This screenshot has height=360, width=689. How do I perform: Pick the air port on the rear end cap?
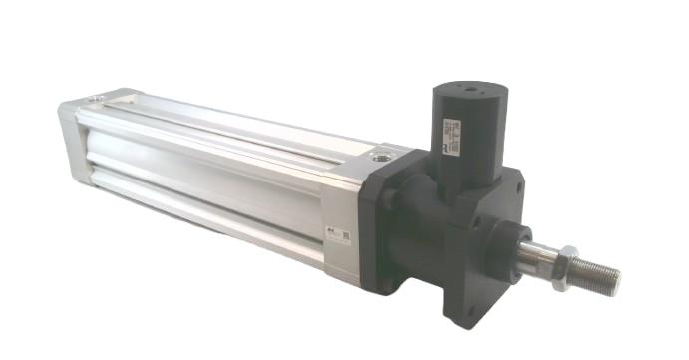pos(94,98)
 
